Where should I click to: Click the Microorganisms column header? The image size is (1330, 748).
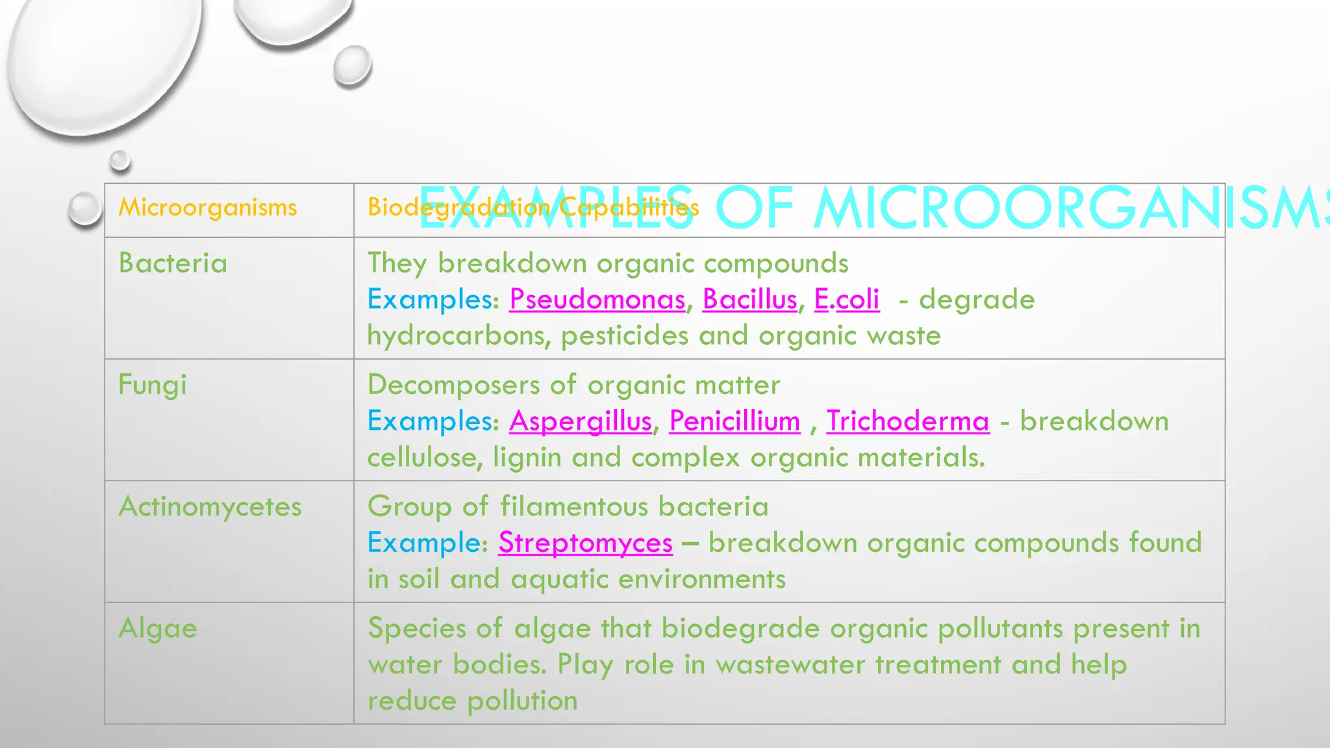pyautogui.click(x=207, y=208)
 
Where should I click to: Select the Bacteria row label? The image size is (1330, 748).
pyautogui.click(x=173, y=264)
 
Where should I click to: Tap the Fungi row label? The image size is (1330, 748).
pyautogui.click(x=152, y=385)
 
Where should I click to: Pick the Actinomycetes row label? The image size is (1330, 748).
pyautogui.click(x=210, y=506)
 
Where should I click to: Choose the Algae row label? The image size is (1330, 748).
pyautogui.click(x=157, y=629)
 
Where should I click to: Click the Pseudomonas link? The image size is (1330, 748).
pyautogui.click(x=597, y=299)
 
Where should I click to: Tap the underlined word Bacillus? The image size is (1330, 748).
pyautogui.click(x=749, y=299)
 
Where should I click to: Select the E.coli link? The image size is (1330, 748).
pyautogui.click(x=847, y=299)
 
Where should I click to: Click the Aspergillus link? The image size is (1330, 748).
pyautogui.click(x=580, y=421)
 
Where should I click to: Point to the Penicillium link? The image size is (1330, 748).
pyautogui.click(x=734, y=421)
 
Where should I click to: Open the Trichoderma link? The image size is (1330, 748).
pyautogui.click(x=908, y=421)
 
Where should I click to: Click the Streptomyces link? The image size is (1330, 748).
pyautogui.click(x=585, y=543)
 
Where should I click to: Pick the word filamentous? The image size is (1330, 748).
pyautogui.click(x=575, y=506)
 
